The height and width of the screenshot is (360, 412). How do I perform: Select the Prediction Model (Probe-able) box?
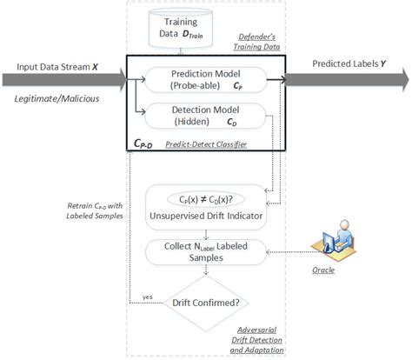[x=206, y=80]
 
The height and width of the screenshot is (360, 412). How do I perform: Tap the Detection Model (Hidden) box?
[x=206, y=116]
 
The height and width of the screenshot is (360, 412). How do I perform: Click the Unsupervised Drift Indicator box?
[x=206, y=205]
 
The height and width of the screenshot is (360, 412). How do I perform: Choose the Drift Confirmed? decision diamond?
[x=206, y=302]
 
